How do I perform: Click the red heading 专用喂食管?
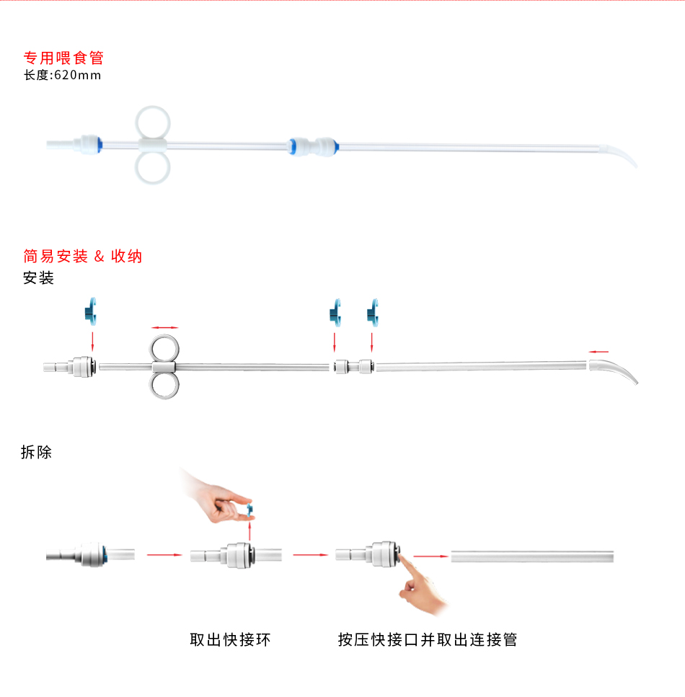pyautogui.click(x=64, y=58)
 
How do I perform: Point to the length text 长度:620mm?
pyautogui.click(x=63, y=75)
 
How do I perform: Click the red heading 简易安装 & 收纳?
pyautogui.click(x=83, y=256)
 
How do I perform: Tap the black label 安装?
pyautogui.click(x=39, y=278)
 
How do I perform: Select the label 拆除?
pyautogui.click(x=37, y=452)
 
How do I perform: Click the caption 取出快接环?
pyautogui.click(x=230, y=639)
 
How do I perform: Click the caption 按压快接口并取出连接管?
pyautogui.click(x=428, y=639)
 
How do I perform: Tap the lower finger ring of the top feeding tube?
pyautogui.click(x=153, y=167)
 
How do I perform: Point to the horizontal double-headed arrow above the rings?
pyautogui.click(x=164, y=327)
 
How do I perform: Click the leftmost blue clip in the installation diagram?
pyautogui.click(x=92, y=311)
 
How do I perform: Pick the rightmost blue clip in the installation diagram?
pyautogui.click(x=372, y=311)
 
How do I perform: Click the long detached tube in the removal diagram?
pyautogui.click(x=533, y=556)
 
